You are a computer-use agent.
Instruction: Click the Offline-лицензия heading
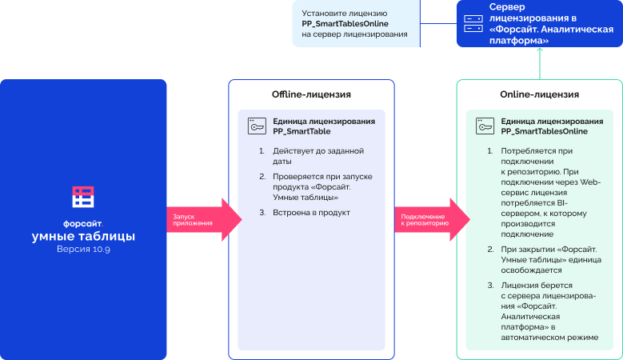(311, 94)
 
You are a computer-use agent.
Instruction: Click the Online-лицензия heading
(539, 94)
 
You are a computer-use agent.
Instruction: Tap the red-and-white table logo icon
(83, 197)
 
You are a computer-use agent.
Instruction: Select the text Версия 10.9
(83, 250)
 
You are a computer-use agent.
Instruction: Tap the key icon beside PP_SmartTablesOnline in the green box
(485, 126)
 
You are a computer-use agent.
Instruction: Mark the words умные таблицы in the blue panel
(83, 236)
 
